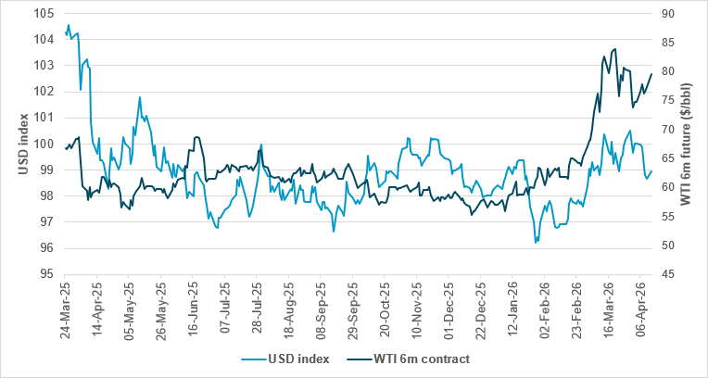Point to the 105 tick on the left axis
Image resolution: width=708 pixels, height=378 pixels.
44,14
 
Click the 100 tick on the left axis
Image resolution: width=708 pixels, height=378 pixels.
44,144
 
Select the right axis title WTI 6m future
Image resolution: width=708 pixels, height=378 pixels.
687,144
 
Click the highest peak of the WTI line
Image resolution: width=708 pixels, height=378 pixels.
615,49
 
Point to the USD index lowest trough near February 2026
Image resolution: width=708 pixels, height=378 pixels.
536,243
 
